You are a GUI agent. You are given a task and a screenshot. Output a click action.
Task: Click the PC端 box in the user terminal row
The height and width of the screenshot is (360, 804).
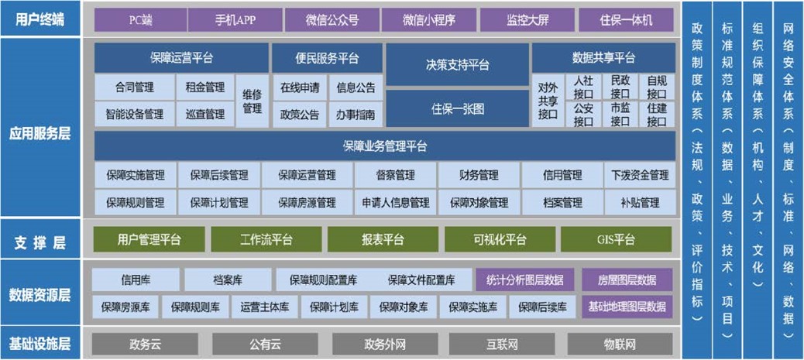pos(140,20)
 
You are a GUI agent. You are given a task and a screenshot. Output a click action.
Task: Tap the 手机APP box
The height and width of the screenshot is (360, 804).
pos(233,20)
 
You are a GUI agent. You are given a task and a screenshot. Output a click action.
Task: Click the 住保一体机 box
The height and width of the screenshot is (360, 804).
pos(627,20)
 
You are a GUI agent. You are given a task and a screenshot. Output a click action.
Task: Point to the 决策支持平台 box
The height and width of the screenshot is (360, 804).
pos(457,65)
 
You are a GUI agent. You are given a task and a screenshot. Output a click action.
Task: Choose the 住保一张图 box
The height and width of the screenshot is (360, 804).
pos(457,108)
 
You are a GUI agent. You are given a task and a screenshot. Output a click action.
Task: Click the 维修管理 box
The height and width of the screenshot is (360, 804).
pos(252,101)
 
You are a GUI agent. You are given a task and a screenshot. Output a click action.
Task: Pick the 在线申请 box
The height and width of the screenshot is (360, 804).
pos(300,87)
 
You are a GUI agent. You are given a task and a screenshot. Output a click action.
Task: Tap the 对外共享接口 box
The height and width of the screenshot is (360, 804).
pos(547,101)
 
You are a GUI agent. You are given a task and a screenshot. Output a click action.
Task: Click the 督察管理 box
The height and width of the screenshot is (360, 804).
pos(394,175)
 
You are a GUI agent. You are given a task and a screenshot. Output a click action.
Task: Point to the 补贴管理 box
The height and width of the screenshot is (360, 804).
pos(639,203)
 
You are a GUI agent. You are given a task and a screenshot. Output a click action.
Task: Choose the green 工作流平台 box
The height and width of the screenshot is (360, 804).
pos(266,239)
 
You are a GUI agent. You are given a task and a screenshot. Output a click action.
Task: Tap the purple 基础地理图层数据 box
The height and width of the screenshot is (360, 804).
pos(627,307)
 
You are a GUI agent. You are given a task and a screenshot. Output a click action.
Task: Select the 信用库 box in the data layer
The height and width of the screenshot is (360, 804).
pos(136,279)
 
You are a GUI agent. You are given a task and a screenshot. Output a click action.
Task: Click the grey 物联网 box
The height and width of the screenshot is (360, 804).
pos(619,343)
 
